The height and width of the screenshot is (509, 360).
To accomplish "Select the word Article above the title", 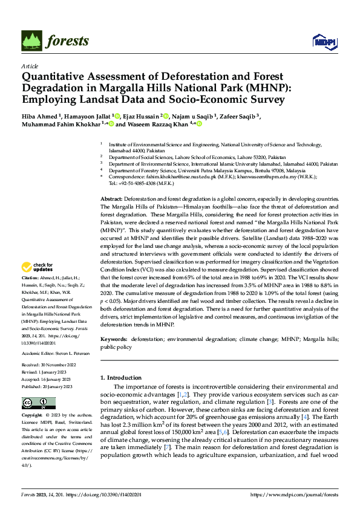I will coord(30,66).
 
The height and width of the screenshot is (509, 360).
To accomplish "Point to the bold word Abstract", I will coord(111,199).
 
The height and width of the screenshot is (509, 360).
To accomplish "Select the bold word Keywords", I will coord(113,340).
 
